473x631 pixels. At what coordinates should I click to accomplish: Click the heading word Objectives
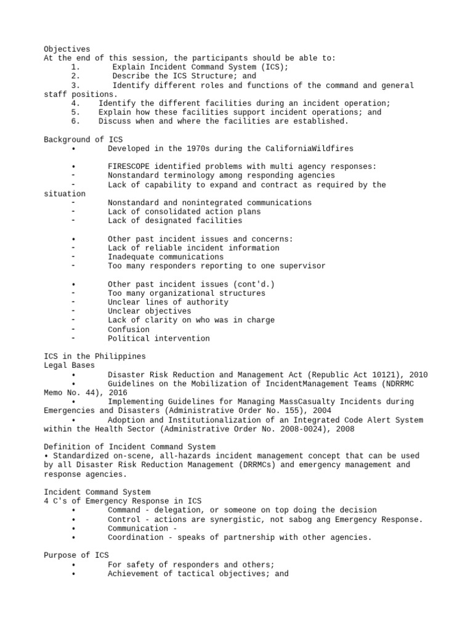pyautogui.click(x=67, y=49)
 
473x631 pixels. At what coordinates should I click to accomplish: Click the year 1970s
pyautogui.click(x=196, y=149)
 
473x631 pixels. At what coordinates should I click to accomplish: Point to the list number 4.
pyautogui.click(x=76, y=104)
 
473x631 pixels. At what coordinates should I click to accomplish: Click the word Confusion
pyautogui.click(x=128, y=329)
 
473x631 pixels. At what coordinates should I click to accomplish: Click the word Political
pyautogui.click(x=128, y=338)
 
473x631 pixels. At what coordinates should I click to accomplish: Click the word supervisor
pyautogui.click(x=301, y=266)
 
